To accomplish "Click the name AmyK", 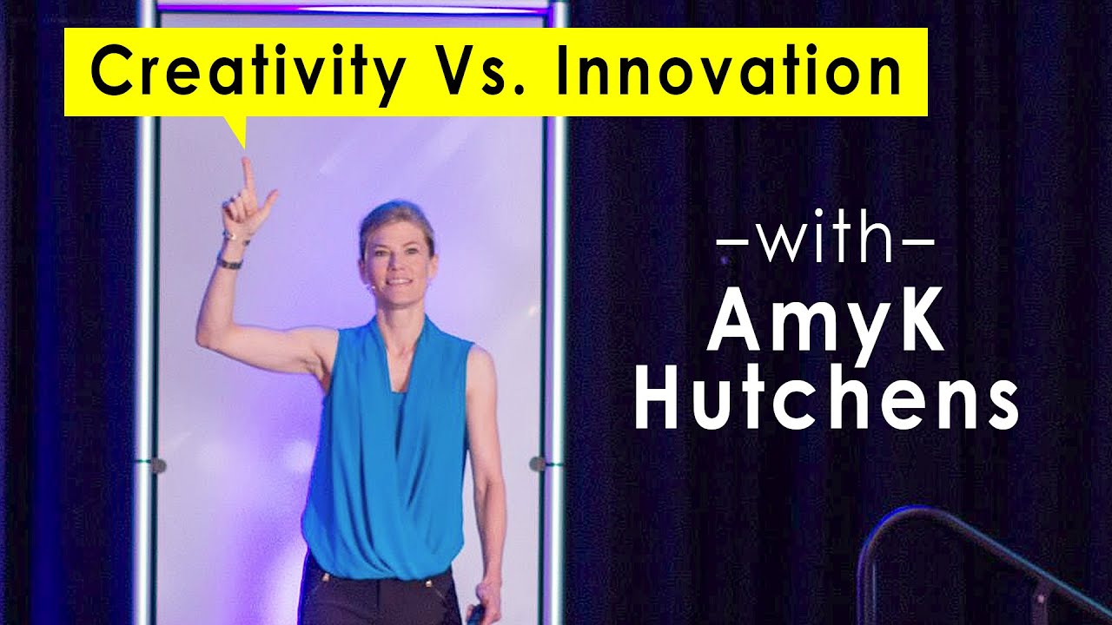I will coord(824,326).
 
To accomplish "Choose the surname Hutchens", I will coord(826,400).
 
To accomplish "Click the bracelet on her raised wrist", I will coord(230,261).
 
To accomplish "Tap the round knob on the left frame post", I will coord(157,466).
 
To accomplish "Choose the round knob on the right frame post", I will coord(538,464).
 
